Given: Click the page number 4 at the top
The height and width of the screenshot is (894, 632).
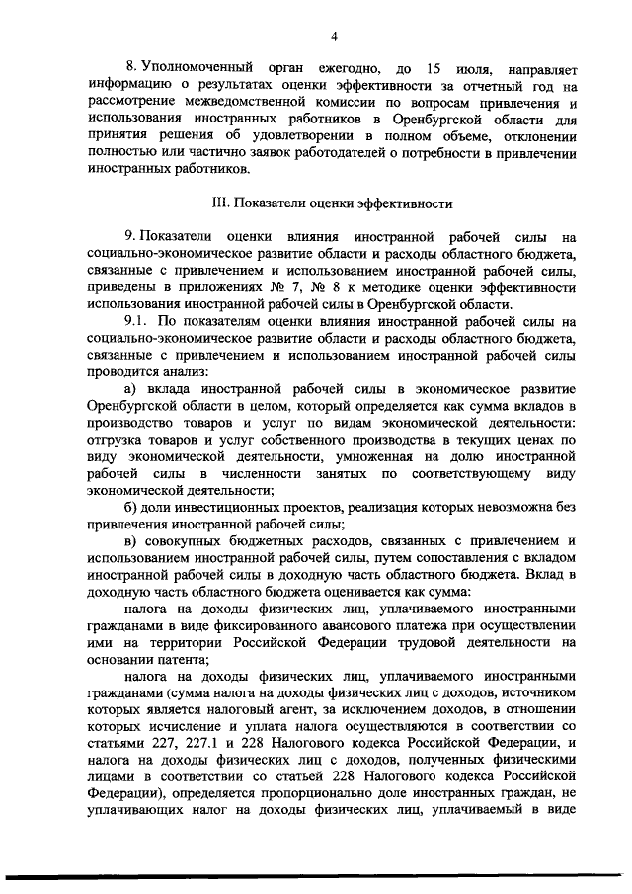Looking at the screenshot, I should click(x=335, y=37).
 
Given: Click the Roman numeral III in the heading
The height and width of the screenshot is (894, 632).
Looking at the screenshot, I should click(x=220, y=204).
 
